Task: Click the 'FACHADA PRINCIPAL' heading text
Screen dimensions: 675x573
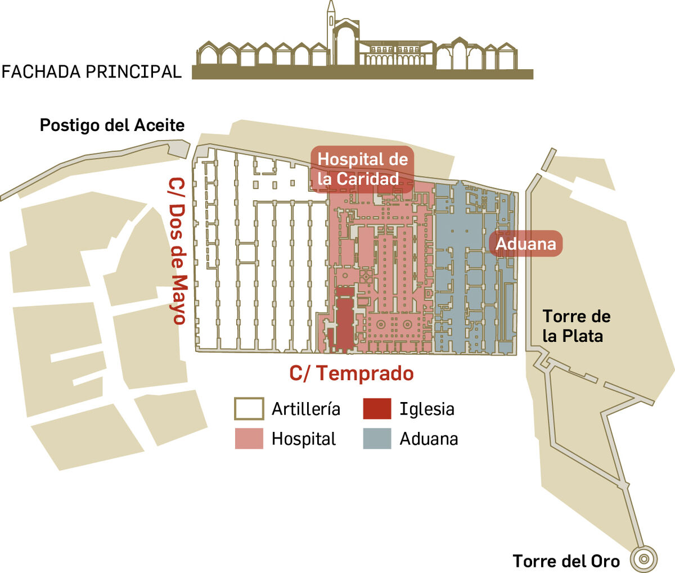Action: pos(92,72)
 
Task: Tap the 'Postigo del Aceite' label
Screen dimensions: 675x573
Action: pos(112,125)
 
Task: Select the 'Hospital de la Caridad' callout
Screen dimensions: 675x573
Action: pos(362,169)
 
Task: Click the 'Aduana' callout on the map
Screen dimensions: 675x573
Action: pos(525,243)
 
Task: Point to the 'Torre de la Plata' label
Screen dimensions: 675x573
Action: pos(576,326)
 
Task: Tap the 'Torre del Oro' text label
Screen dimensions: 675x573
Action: pos(566,561)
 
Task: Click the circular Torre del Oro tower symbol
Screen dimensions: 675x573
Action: pos(644,559)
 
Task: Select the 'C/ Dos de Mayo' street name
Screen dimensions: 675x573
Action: pos(176,251)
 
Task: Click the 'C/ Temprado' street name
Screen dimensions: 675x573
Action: pos(352,373)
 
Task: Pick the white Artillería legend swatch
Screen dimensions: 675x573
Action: pos(249,408)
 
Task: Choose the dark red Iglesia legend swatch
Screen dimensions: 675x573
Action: pos(377,408)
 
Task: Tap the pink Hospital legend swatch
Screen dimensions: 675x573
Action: pos(249,439)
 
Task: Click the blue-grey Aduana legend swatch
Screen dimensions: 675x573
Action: pos(377,439)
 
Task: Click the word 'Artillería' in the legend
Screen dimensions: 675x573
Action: pos(306,409)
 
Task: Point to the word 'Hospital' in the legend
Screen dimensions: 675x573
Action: pos(304,439)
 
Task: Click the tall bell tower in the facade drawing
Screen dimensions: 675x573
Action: pos(331,33)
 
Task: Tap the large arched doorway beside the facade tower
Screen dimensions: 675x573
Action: pos(346,46)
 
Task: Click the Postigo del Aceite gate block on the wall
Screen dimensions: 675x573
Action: pos(179,149)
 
